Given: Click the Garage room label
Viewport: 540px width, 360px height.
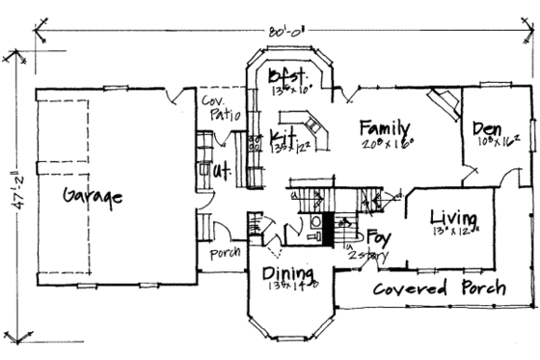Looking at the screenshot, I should point(93,196).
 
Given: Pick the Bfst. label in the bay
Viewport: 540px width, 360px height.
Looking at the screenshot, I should point(289,76).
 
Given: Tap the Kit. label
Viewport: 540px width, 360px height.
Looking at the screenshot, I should point(283,134).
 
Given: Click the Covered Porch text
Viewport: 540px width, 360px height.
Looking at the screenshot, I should point(440,289).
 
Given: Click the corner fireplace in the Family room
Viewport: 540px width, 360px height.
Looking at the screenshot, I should point(445,101).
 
